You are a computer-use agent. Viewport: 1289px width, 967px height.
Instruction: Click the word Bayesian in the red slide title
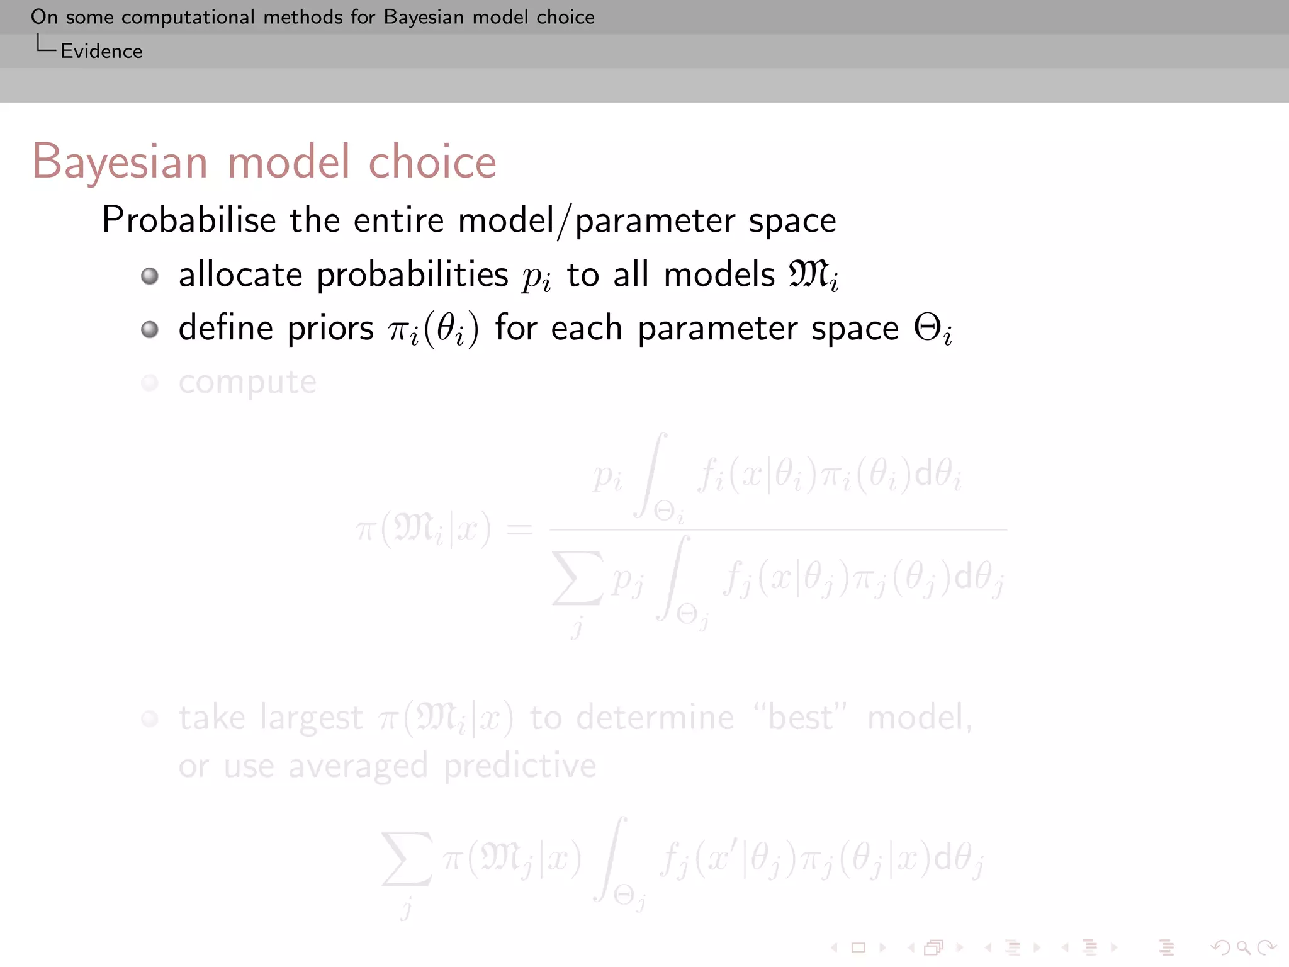pos(120,162)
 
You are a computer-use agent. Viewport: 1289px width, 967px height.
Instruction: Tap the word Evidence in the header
pos(101,51)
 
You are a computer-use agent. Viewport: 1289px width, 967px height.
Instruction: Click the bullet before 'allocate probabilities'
pos(150,276)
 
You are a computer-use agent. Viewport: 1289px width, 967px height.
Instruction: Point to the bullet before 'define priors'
pos(150,329)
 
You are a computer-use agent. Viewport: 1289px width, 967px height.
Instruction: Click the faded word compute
pos(247,383)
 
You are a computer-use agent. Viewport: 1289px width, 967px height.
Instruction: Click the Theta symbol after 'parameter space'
pos(928,328)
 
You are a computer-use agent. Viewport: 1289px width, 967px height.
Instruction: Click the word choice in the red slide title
pos(432,162)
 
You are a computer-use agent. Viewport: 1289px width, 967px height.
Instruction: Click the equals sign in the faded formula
pos(519,529)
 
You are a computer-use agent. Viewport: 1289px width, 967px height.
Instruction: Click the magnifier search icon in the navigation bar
pos(1243,947)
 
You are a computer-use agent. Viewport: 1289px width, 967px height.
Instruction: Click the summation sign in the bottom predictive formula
pos(407,859)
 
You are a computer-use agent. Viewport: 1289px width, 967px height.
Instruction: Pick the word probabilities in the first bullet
pos(412,276)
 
